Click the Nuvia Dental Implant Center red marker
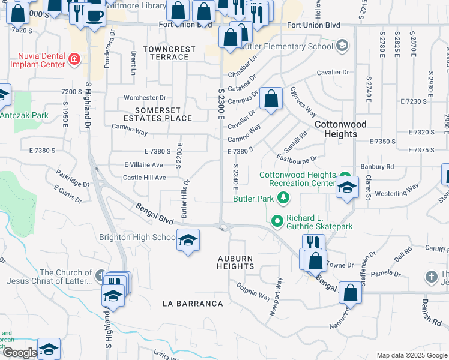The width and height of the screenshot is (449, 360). coord(74,58)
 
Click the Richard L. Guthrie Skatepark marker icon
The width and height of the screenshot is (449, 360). coord(277,221)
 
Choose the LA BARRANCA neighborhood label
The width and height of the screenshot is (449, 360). coord(193,304)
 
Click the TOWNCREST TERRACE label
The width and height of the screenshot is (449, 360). coord(166,52)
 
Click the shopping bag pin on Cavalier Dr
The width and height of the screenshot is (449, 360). coord(271,97)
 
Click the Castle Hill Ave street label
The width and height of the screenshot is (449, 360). coord(144,178)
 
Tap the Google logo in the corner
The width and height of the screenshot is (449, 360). coord(19,353)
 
